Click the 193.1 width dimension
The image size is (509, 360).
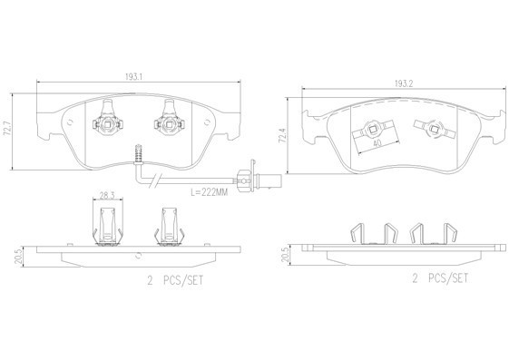tap(134, 77)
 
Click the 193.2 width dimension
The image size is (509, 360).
tap(404, 83)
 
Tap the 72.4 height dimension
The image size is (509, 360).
tap(283, 136)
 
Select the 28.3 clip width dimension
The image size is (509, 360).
tap(107, 195)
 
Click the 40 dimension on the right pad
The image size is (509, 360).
tap(377, 142)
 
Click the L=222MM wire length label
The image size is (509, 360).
tap(209, 192)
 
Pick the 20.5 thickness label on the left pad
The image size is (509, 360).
tap(18, 257)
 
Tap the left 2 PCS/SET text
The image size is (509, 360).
tap(175, 280)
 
